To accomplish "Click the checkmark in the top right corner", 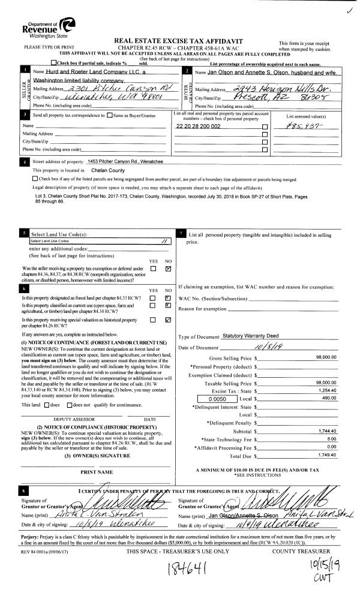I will tap(349, 10).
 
